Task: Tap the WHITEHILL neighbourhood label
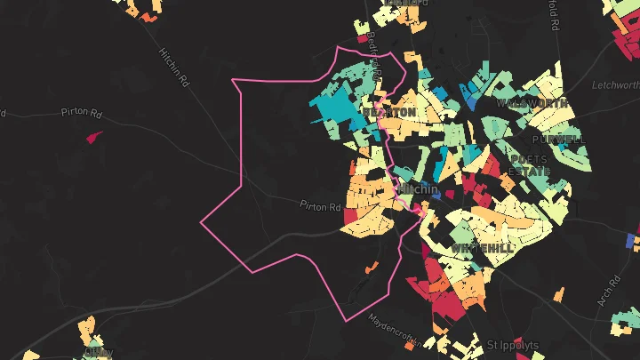481,247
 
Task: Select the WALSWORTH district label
532,103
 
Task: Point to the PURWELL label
559,140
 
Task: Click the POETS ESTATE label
528,165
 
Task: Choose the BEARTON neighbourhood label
389,113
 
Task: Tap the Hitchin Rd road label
174,68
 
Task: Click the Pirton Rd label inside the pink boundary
321,207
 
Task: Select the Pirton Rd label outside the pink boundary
83,112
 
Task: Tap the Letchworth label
616,85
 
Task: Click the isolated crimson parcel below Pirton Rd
93,137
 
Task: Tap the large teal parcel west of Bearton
336,111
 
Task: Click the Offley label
99,351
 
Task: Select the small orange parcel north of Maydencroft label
372,268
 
